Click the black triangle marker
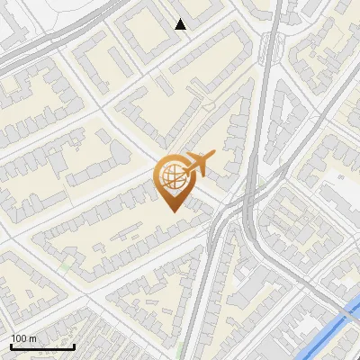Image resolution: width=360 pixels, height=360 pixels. click(x=181, y=25)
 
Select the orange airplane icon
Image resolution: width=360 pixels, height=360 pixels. click(x=199, y=164)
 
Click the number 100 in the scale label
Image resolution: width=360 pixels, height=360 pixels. click(x=19, y=338)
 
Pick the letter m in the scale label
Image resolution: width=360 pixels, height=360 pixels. click(x=33, y=338)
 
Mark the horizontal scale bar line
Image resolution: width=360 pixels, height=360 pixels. click(x=42, y=346)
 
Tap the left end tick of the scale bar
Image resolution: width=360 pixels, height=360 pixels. click(x=11, y=345)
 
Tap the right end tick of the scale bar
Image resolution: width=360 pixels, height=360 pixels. click(x=74, y=345)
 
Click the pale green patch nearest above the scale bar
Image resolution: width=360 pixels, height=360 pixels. click(x=65, y=267)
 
